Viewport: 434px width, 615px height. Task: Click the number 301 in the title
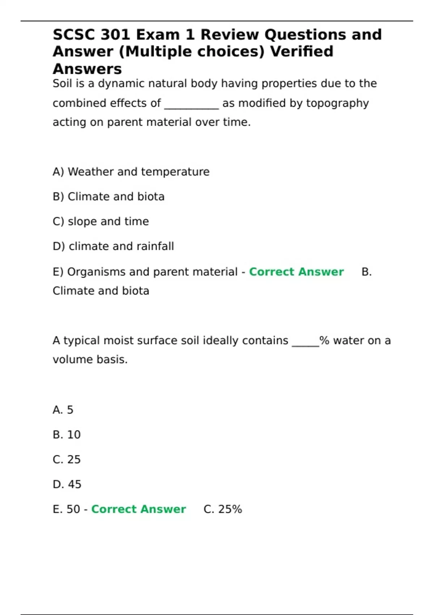(x=115, y=35)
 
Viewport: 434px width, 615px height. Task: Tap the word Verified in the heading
(x=302, y=51)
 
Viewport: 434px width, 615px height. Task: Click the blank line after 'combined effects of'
(x=191, y=104)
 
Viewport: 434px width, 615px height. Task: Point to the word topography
(x=337, y=103)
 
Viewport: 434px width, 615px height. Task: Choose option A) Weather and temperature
(x=131, y=171)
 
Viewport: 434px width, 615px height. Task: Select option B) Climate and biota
(x=109, y=196)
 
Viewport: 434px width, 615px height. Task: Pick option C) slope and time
(x=101, y=221)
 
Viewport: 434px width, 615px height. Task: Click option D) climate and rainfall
(x=113, y=246)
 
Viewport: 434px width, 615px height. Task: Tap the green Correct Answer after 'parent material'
(x=296, y=272)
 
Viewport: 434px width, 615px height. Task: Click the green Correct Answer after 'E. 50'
(x=138, y=509)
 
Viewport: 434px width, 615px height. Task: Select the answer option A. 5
(x=63, y=410)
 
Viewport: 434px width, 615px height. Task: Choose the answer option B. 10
(x=67, y=434)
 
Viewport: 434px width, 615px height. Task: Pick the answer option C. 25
(x=67, y=459)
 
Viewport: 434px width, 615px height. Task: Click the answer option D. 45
(x=67, y=484)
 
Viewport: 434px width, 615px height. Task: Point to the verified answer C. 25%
(x=223, y=509)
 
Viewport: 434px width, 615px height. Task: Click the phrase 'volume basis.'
(x=90, y=360)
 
